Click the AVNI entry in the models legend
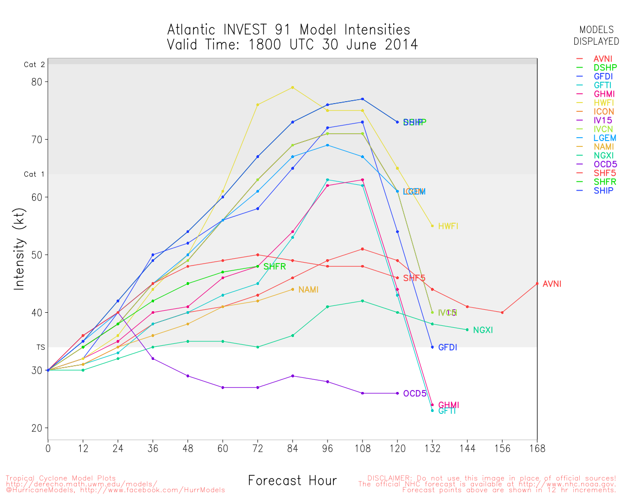click(603, 59)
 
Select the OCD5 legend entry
click(605, 164)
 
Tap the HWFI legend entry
click(604, 103)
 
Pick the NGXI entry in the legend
click(603, 156)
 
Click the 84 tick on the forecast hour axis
click(293, 448)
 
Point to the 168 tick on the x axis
click(537, 448)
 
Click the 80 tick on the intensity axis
click(36, 82)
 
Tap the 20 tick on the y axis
click(36, 428)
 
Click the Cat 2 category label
click(34, 64)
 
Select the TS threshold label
click(40, 347)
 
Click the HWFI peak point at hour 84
click(293, 88)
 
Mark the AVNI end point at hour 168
click(537, 284)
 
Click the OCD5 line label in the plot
click(415, 393)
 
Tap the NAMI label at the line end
click(308, 290)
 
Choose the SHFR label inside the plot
click(275, 267)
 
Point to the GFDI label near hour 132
click(448, 347)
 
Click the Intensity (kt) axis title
click(19, 264)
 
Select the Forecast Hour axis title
click(292, 481)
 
